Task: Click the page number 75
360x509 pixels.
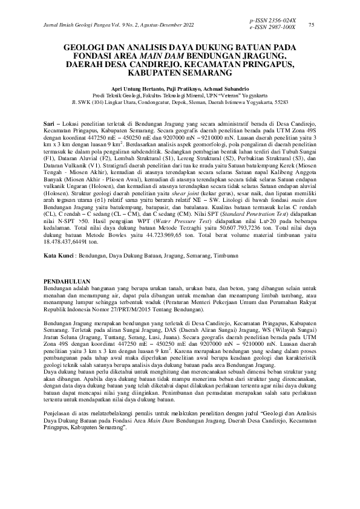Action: point(311,25)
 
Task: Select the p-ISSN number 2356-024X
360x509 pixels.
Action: point(281,21)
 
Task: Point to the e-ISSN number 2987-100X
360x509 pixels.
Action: point(281,28)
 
